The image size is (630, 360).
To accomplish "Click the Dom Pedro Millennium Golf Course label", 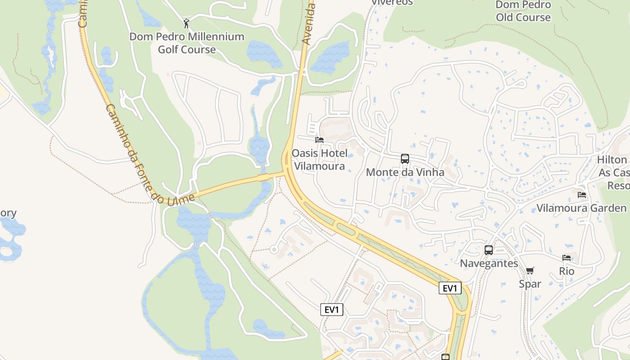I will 187,43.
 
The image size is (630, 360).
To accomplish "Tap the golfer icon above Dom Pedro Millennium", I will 187,23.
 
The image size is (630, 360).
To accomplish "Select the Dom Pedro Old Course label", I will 523,11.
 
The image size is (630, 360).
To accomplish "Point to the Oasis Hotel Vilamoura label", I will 319,160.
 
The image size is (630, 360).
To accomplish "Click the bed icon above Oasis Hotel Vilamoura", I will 319,140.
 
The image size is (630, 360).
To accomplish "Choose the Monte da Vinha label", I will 405,172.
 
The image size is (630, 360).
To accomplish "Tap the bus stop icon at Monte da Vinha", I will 405,159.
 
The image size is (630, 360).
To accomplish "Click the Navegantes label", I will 489,263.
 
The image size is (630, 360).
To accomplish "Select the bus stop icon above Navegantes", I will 489,250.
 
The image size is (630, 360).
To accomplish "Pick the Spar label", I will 530,284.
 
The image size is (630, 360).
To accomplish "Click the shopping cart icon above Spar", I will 530,270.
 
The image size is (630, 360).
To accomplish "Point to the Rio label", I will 567,271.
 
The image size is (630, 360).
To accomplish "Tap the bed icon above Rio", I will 567,258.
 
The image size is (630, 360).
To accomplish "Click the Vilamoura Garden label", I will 581,208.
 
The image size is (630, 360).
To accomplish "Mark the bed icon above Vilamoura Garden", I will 582,195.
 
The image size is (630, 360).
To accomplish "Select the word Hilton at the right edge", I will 612,160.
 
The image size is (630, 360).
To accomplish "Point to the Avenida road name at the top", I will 308,22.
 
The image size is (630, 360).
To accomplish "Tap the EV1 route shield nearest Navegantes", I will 450,288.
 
